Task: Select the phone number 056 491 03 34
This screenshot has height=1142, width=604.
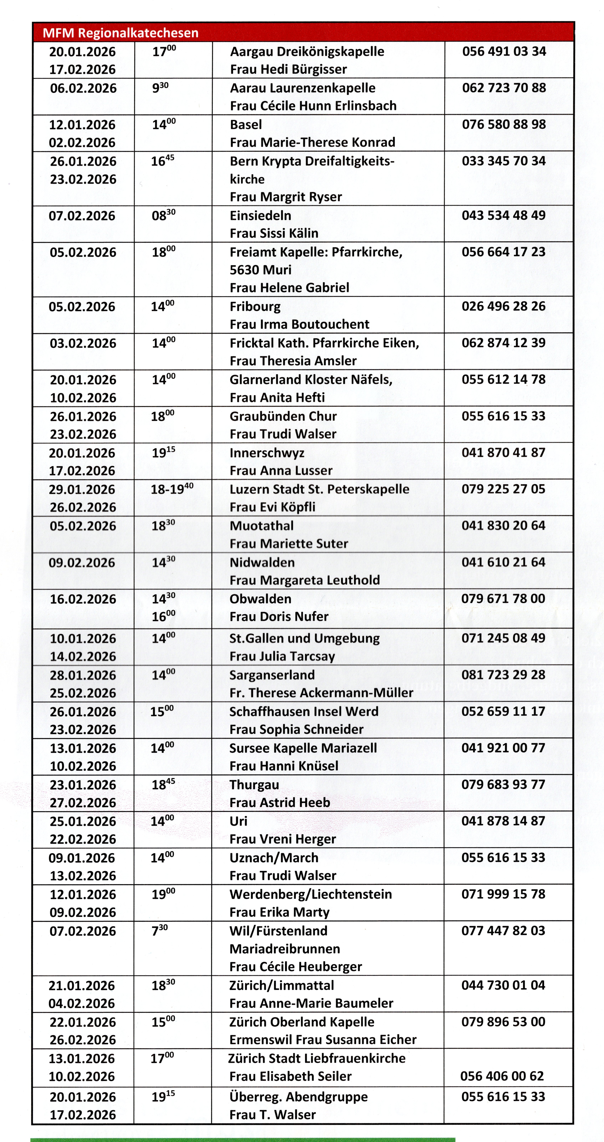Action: [x=504, y=51]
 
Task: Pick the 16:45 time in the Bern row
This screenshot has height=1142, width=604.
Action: [x=163, y=161]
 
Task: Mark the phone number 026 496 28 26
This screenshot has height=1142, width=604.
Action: [x=503, y=306]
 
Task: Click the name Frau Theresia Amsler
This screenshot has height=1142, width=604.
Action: [x=293, y=361]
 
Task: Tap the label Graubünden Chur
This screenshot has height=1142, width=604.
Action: [x=283, y=416]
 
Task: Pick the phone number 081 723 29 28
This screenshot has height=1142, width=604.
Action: [x=503, y=675]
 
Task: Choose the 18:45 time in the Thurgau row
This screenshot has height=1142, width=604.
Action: [x=163, y=785]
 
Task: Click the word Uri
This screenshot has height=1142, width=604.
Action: [x=238, y=821]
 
